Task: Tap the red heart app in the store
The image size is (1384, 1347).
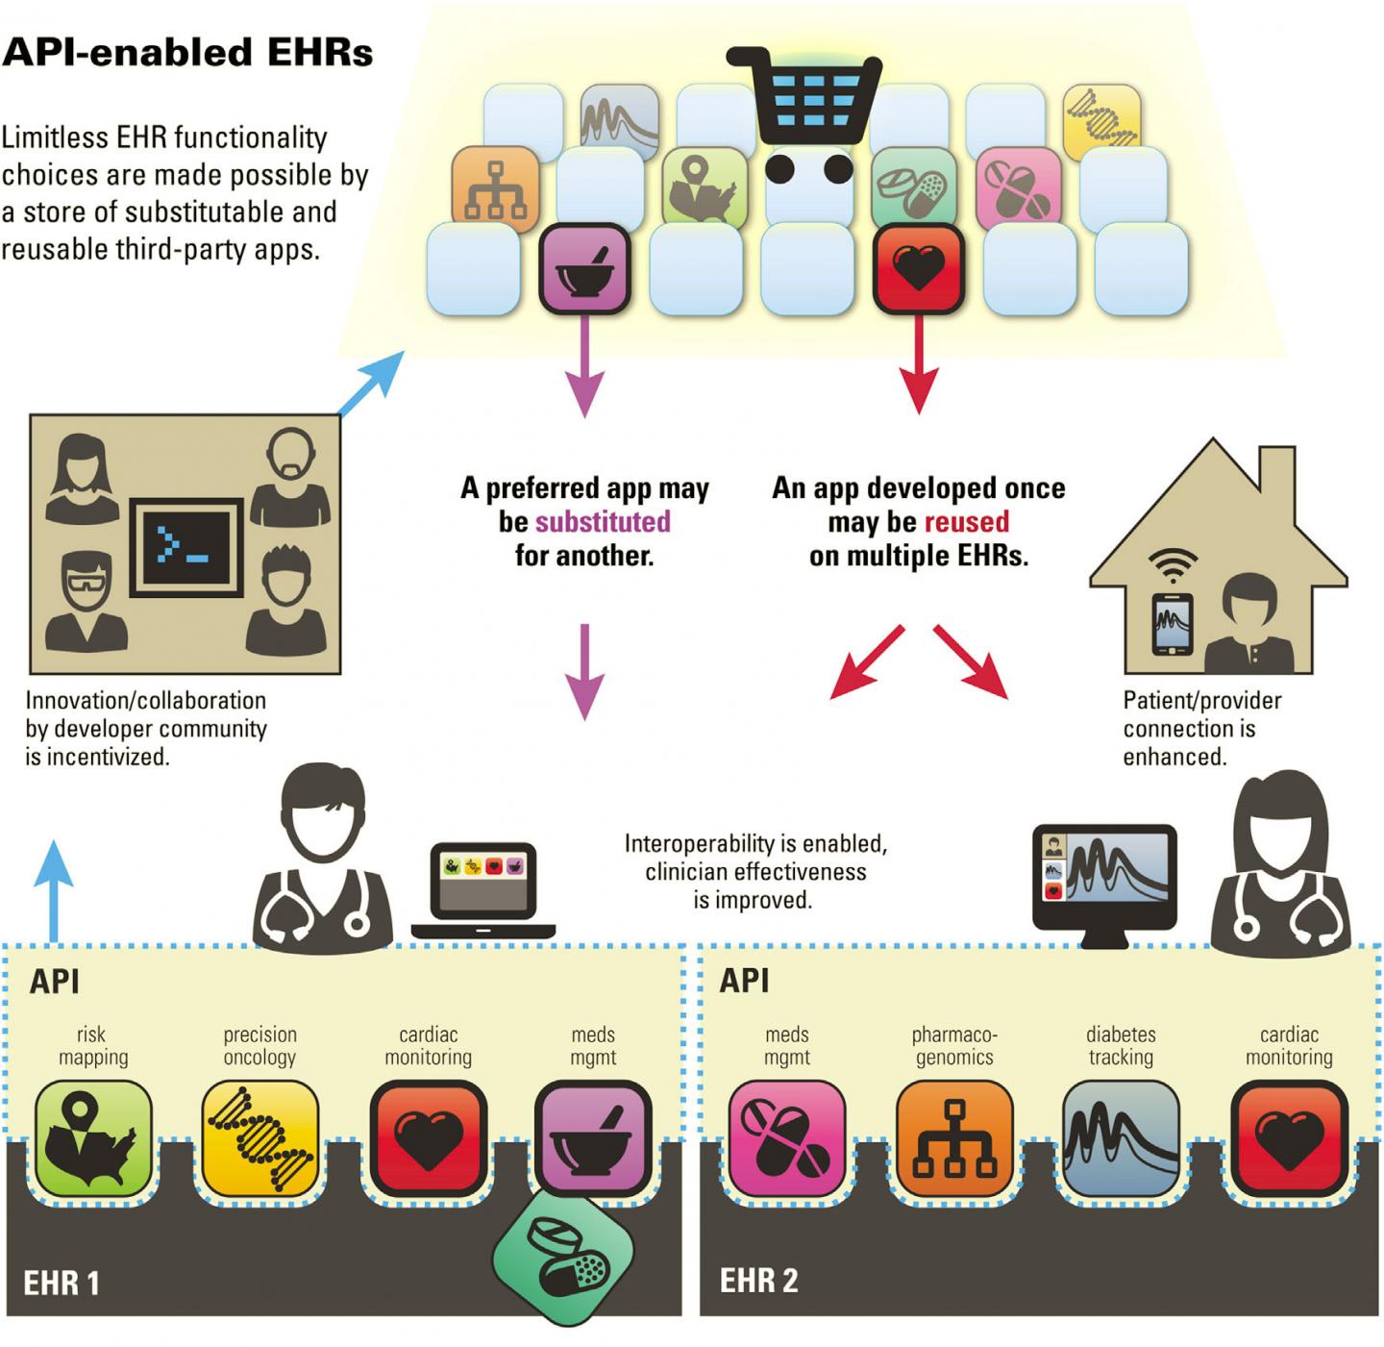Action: [x=918, y=268]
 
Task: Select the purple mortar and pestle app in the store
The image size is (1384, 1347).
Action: [x=584, y=268]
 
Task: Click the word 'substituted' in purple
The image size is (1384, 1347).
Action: [x=603, y=522]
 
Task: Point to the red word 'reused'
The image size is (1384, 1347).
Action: [x=966, y=522]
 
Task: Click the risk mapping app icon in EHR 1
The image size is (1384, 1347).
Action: [x=93, y=1138]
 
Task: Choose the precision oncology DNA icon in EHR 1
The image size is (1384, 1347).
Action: [x=260, y=1138]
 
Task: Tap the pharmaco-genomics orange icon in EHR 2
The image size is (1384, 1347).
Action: [x=953, y=1138]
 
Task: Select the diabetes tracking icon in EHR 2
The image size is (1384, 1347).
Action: [x=1121, y=1138]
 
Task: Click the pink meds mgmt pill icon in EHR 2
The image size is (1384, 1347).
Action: [x=786, y=1138]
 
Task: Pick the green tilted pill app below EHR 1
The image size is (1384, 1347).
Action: [x=564, y=1258]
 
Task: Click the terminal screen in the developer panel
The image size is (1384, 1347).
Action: [x=185, y=547]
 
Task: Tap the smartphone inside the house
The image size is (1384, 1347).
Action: [x=1172, y=623]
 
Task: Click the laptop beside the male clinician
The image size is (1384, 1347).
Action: [x=483, y=889]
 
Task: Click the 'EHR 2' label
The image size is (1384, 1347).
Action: [x=758, y=1281]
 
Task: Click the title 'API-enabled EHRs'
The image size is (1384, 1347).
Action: [x=187, y=52]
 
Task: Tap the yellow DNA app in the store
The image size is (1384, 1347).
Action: [x=1101, y=119]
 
